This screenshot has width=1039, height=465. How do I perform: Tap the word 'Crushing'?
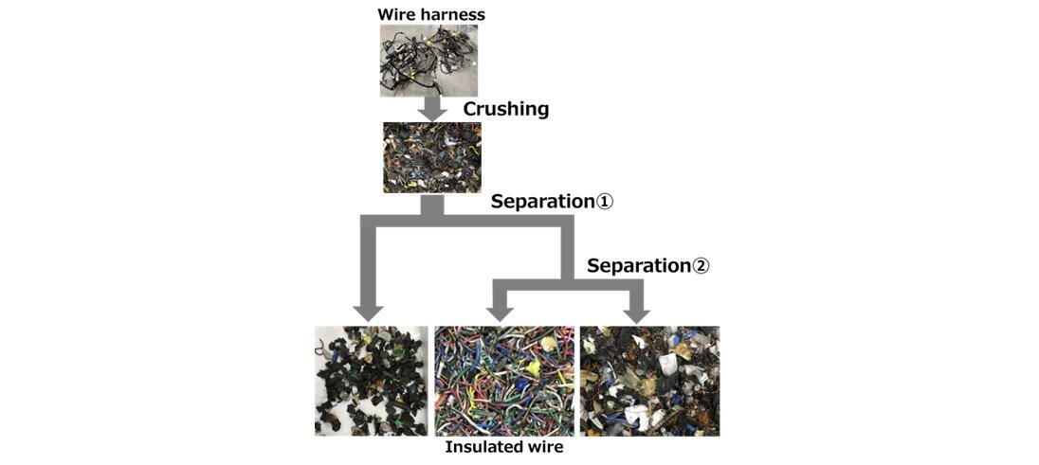click(x=505, y=109)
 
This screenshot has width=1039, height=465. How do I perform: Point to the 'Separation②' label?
click(x=647, y=265)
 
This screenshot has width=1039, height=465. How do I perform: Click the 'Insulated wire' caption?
click(x=503, y=447)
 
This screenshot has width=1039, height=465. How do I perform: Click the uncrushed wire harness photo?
click(x=428, y=60)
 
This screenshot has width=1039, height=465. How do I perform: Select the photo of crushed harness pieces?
click(x=432, y=157)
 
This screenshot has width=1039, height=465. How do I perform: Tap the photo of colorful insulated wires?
click(x=504, y=381)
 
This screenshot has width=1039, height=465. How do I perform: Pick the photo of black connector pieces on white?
click(x=372, y=381)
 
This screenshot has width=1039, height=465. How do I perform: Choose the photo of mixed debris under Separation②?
click(x=649, y=381)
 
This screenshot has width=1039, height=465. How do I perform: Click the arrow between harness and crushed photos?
click(x=432, y=107)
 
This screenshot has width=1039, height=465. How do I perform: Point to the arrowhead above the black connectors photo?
click(x=366, y=312)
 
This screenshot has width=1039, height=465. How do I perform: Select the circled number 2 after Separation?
click(x=699, y=266)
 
